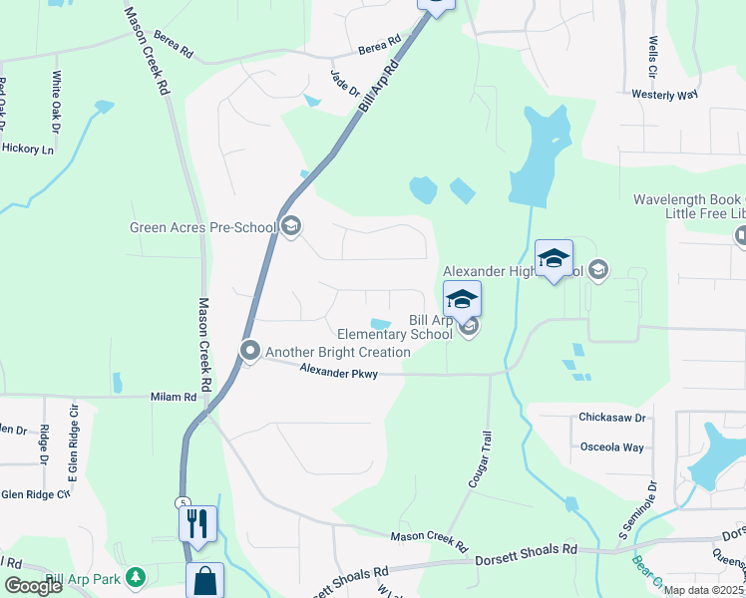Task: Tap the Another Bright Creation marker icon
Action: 249,352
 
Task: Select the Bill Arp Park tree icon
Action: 136,578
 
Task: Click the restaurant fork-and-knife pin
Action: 197,522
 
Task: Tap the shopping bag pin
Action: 204,581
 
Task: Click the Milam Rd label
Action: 174,397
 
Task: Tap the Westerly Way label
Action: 664,95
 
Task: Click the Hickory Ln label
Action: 27,149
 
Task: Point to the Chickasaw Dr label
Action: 612,418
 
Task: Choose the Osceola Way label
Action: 611,447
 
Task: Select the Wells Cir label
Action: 653,59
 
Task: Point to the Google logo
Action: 34,586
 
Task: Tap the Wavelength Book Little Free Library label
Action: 689,207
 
